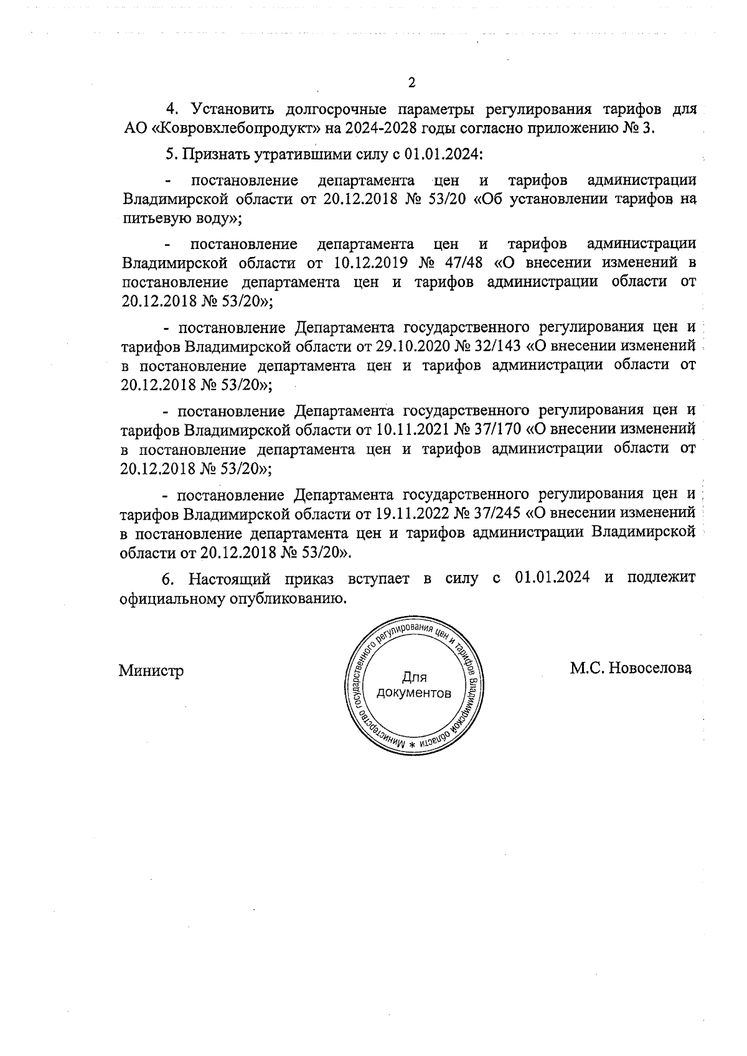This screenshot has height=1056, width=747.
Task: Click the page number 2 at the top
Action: coord(410,83)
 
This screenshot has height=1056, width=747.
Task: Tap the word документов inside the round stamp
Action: coord(414,693)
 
